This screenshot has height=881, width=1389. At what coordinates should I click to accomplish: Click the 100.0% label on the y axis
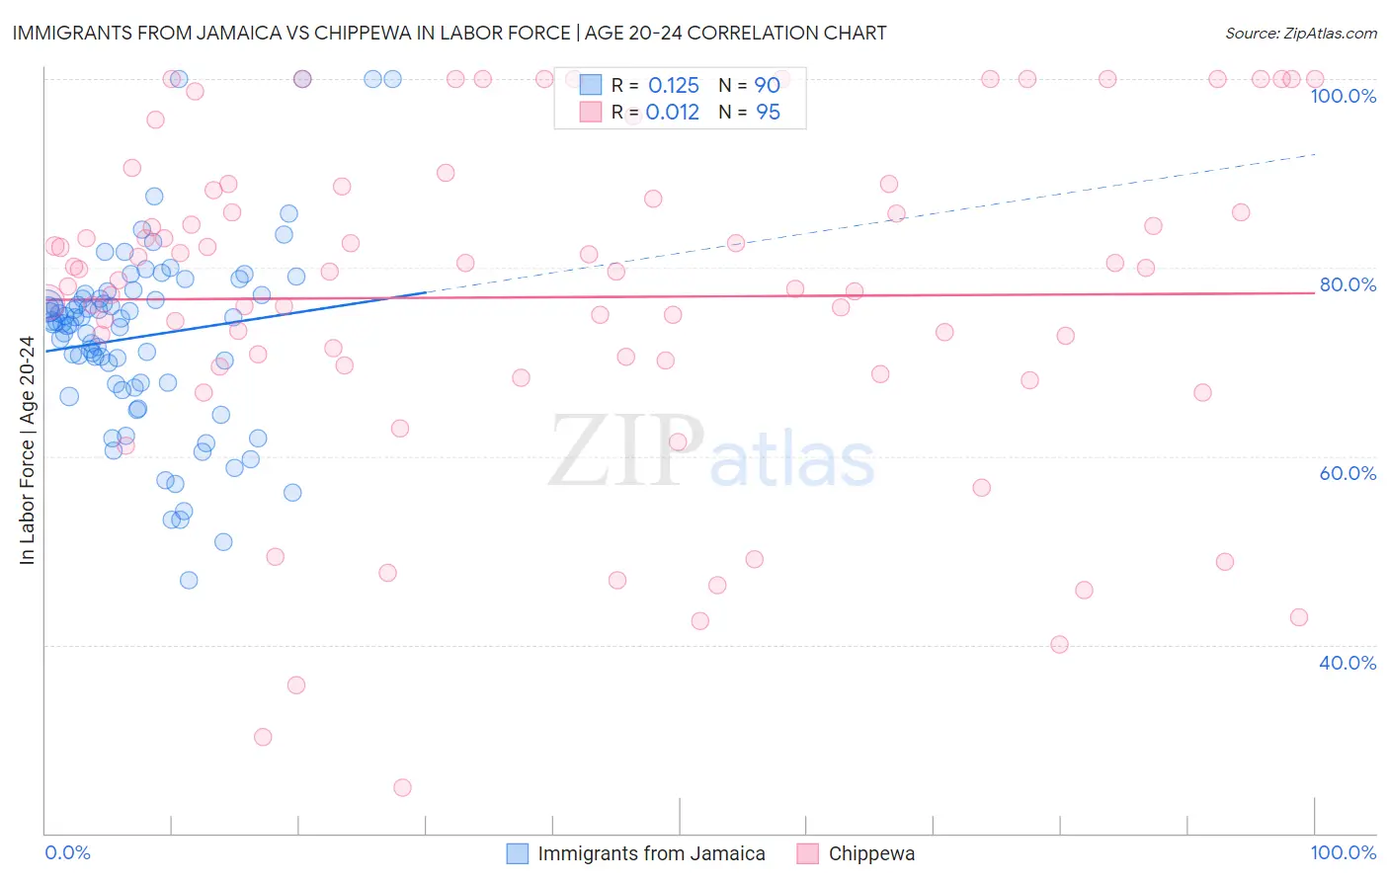click(x=1343, y=96)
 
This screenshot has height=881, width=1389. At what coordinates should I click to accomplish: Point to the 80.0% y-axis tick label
click(x=1348, y=284)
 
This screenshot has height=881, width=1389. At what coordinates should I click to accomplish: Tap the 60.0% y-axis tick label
click(x=1348, y=473)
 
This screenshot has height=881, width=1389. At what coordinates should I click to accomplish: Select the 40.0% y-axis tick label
click(x=1348, y=663)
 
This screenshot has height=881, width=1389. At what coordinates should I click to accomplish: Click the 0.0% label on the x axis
click(x=67, y=852)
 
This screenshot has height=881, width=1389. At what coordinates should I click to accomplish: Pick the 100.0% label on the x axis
click(x=1343, y=852)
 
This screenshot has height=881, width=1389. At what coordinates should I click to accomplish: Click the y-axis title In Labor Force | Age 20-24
click(x=27, y=450)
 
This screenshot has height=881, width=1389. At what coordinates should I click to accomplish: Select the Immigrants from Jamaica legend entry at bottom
click(x=651, y=853)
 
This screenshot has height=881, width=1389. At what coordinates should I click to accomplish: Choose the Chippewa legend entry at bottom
click(x=871, y=853)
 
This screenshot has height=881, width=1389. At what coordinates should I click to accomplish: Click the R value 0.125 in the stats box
click(x=674, y=86)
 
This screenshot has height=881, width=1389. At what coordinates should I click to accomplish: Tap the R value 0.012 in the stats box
click(x=673, y=113)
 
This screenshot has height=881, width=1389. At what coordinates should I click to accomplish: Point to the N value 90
click(x=768, y=86)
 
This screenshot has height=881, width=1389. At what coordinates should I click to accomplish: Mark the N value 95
click(x=768, y=113)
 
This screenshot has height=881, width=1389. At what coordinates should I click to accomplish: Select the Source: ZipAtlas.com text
click(x=1300, y=34)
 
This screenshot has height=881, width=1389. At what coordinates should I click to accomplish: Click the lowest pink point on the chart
click(x=402, y=787)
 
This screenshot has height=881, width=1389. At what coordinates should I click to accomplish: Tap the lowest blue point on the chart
click(x=189, y=580)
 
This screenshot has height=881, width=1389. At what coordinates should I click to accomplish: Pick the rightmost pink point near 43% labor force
click(x=1299, y=617)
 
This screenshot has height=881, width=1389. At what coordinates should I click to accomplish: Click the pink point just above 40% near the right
click(x=1059, y=644)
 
